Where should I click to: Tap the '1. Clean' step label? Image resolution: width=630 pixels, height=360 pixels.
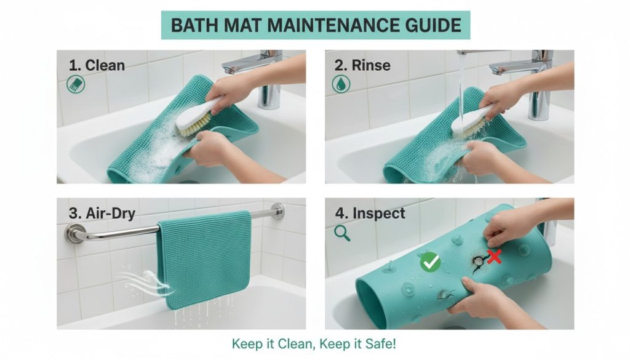tap(97, 65)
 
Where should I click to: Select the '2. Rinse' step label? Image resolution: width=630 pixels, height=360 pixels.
tap(362, 65)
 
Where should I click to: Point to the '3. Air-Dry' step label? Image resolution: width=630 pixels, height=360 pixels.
tap(102, 214)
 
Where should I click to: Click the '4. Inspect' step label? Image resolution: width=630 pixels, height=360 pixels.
tap(370, 213)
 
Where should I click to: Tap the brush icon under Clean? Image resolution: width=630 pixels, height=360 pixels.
tap(76, 84)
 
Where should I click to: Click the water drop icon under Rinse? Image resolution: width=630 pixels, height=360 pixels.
tap(341, 84)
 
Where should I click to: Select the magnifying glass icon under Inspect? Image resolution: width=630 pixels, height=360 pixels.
tap(342, 233)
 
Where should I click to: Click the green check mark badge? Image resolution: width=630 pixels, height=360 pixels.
tap(430, 262)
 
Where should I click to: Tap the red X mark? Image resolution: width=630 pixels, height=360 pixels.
tap(495, 257)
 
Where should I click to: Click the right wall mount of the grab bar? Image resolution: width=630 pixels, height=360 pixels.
tap(277, 211)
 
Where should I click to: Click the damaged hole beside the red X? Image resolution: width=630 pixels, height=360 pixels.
tap(477, 262)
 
